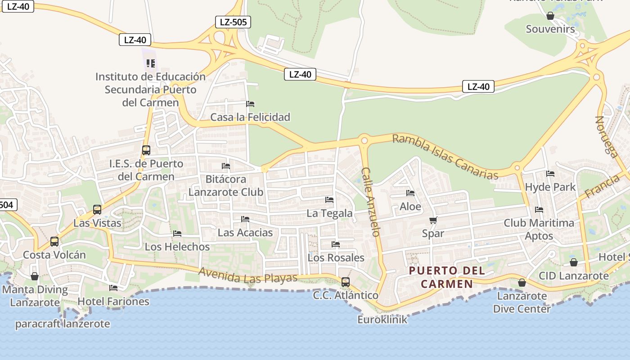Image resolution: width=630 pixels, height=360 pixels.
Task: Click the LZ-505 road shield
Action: pos(233,22)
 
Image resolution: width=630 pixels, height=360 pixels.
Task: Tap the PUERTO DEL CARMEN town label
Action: pos(447,277)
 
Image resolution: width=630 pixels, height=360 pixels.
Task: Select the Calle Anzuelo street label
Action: pos(371,202)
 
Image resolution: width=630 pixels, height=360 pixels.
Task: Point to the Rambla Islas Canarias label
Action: pos(445,157)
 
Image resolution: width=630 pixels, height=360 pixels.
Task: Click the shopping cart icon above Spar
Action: pos(433,220)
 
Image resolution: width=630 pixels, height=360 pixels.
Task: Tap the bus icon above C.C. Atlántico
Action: pos(345,282)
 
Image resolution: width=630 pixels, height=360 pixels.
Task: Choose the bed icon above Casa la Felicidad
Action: pos(250,104)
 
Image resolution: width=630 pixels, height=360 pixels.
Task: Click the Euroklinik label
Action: pos(382,319)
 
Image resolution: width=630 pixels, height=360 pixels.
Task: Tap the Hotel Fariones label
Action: pos(113,301)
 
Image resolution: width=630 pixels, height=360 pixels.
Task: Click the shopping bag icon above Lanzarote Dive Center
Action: pos(522,283)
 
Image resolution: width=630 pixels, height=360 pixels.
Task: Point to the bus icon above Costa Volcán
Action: pos(54,242)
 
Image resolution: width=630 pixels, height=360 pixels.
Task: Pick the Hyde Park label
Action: pos(550,187)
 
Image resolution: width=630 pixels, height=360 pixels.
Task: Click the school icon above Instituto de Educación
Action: pos(150,63)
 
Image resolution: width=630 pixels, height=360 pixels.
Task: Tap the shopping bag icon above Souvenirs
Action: pos(550,16)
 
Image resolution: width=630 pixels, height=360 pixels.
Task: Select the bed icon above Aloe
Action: pos(410,193)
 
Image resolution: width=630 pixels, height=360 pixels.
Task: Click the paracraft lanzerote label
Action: pos(63,324)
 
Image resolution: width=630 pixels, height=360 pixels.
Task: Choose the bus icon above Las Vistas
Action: pos(97,209)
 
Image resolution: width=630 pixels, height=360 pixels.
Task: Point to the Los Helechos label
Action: pos(177,247)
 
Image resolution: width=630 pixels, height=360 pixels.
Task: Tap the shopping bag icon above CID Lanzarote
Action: pos(573,262)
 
